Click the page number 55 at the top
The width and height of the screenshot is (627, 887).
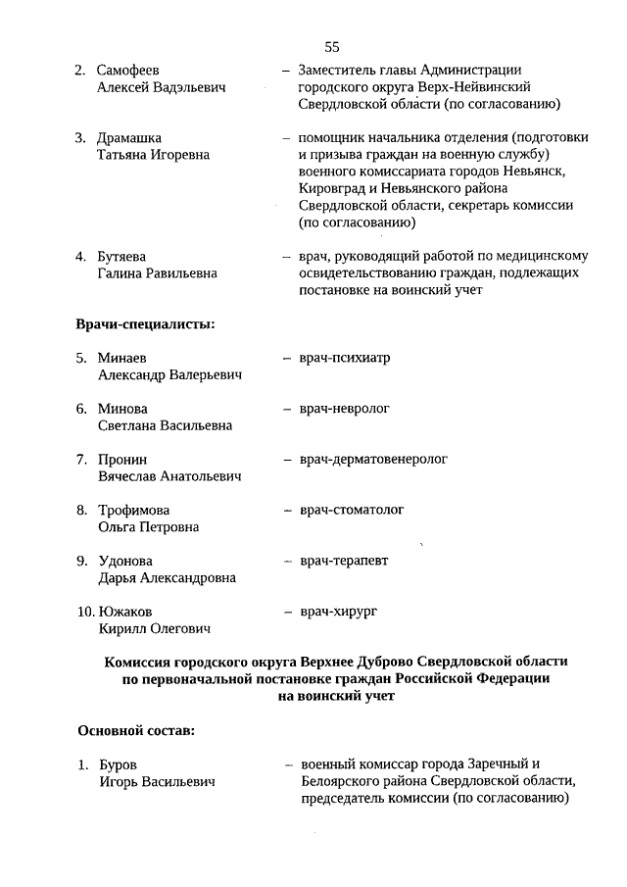(x=330, y=46)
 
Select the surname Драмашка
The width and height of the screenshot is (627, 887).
(x=129, y=138)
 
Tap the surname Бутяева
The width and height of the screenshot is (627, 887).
(x=123, y=257)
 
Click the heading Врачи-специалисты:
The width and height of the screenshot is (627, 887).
(x=146, y=323)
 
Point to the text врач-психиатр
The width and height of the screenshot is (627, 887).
(x=345, y=358)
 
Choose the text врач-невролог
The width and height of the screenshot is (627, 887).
(x=345, y=409)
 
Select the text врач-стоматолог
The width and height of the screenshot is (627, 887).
(x=352, y=510)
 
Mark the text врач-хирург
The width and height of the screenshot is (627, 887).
(x=339, y=612)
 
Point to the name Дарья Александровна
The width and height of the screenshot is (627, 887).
(x=167, y=578)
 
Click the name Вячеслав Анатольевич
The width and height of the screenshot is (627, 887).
(x=169, y=476)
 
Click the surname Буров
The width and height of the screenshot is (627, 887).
(x=118, y=764)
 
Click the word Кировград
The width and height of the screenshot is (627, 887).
(x=338, y=189)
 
